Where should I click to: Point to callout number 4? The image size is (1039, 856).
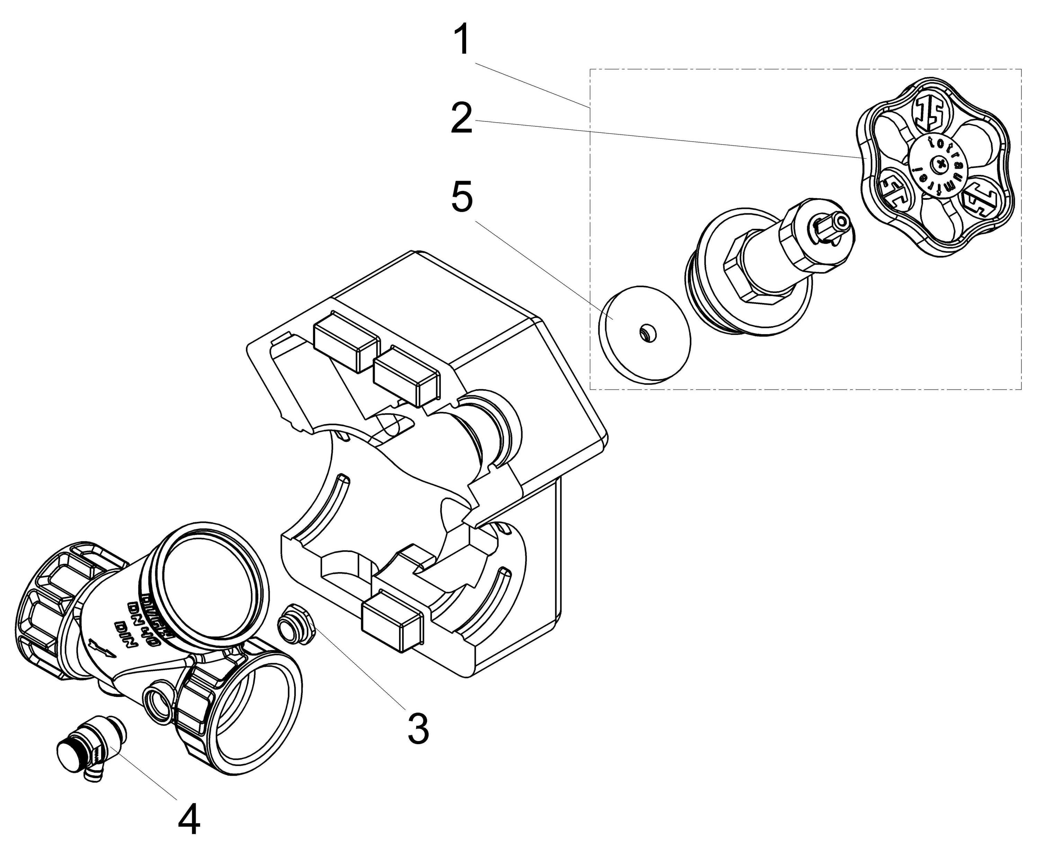[x=189, y=819]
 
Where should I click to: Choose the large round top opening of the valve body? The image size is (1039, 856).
[x=207, y=577]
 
